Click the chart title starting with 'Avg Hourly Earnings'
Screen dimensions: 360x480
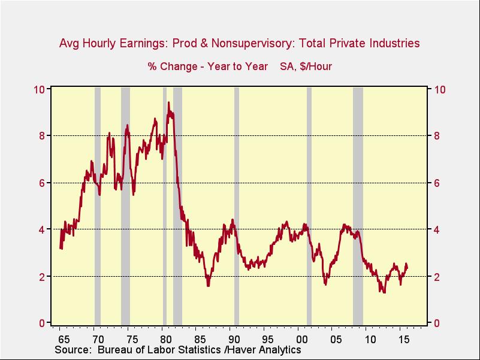[239, 43]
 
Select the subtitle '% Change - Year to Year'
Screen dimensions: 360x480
[208, 66]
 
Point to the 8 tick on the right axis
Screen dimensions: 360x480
[437, 136]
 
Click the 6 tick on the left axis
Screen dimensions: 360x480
[42, 183]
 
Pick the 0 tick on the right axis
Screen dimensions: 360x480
[437, 323]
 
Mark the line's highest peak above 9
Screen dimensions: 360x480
[168, 102]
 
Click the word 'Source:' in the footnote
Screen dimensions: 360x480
[73, 349]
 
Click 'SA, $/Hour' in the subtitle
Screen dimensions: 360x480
[306, 66]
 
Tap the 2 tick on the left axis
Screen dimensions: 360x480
[42, 277]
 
